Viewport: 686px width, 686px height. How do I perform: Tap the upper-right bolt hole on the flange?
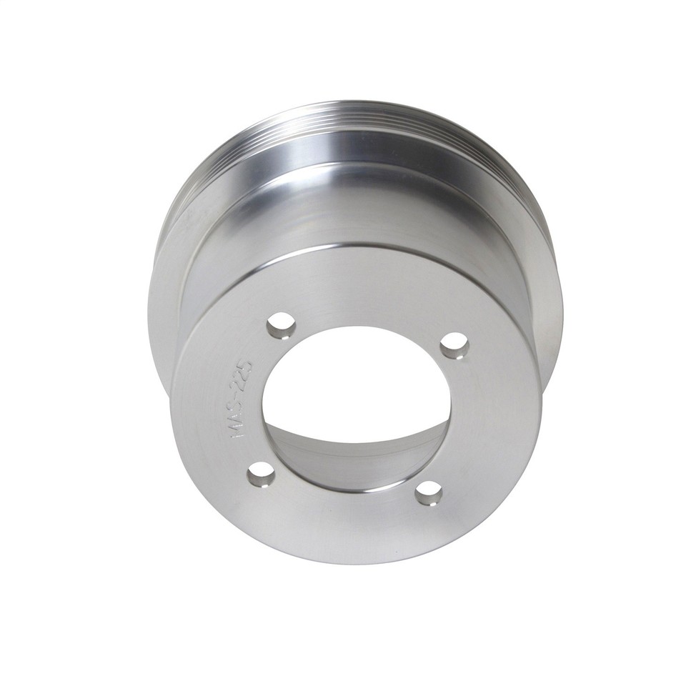click(453, 347)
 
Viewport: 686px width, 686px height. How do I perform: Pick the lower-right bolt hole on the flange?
click(429, 492)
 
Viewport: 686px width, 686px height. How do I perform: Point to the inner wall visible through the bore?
click(357, 457)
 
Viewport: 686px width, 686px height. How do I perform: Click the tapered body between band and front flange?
click(343, 214)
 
